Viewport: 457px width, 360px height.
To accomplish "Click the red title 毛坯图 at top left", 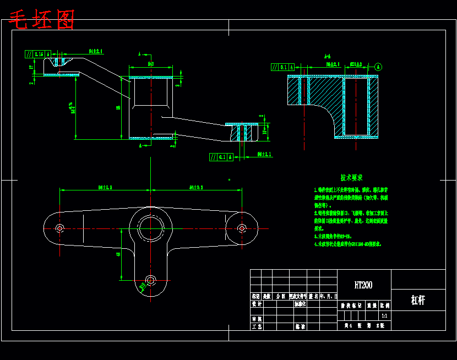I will [x=42, y=20].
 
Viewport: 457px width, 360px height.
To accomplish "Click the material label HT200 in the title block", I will [x=363, y=285].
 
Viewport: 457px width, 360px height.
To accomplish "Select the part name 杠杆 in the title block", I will [x=418, y=300].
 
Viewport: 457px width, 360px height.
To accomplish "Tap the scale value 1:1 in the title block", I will [x=384, y=317].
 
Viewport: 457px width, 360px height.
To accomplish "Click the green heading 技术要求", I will [x=351, y=178].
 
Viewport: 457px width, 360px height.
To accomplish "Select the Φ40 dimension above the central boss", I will [x=151, y=64].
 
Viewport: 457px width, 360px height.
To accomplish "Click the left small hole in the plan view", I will [x=60, y=228].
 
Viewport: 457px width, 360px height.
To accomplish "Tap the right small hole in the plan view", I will [x=242, y=228].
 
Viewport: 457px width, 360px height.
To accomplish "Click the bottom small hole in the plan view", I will [x=150, y=280].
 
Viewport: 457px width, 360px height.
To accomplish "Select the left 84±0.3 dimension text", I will [x=105, y=188].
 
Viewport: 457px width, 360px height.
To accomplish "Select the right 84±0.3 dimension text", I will [x=197, y=188].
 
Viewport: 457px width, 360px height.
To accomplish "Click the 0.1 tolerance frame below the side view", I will [x=221, y=157].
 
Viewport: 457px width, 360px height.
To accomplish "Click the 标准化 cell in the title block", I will [x=300, y=303].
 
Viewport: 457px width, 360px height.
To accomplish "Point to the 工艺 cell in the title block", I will [x=256, y=326].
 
